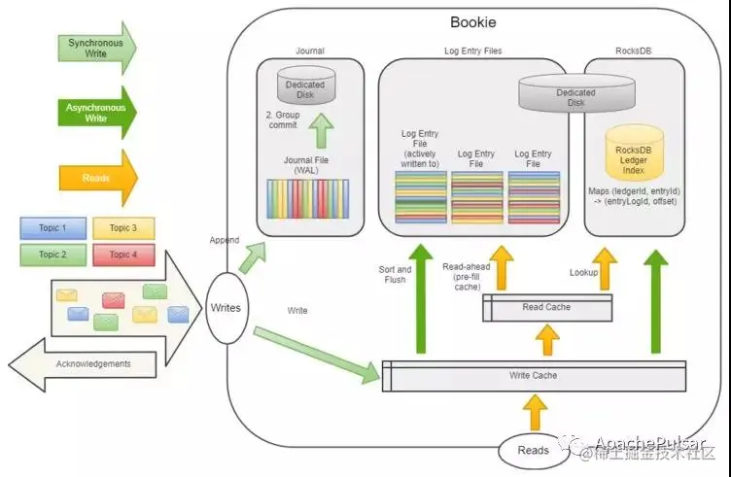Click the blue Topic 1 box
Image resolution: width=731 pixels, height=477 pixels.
pos(51,227)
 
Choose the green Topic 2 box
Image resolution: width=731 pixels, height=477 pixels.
pos(51,255)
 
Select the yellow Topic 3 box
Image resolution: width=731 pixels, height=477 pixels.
pos(122,227)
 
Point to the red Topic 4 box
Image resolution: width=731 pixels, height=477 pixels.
pos(122,255)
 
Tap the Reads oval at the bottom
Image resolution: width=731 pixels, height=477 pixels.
pos(533,450)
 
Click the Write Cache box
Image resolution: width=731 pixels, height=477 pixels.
pos(534,375)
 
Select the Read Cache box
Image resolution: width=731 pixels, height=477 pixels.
pos(546,307)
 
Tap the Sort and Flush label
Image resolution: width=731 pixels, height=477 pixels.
pos(395,275)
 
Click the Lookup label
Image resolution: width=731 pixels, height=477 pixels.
pos(583,272)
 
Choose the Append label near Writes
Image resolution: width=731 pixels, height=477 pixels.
pos(224,239)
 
